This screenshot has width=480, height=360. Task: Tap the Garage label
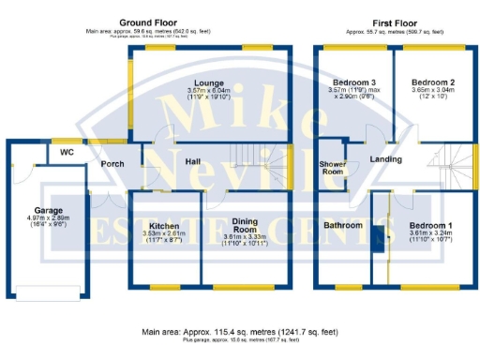[48, 211]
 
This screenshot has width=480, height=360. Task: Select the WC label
[67, 151]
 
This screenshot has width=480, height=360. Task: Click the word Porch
[113, 165]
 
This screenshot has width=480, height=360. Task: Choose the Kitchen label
[165, 226]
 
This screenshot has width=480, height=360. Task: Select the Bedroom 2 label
[433, 82]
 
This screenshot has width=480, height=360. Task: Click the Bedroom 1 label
[431, 226]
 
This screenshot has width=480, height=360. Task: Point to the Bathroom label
[343, 225]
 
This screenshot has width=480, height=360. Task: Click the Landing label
[385, 159]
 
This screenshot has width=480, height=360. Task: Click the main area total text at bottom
[240, 332]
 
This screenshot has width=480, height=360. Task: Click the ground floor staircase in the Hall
[261, 159]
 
